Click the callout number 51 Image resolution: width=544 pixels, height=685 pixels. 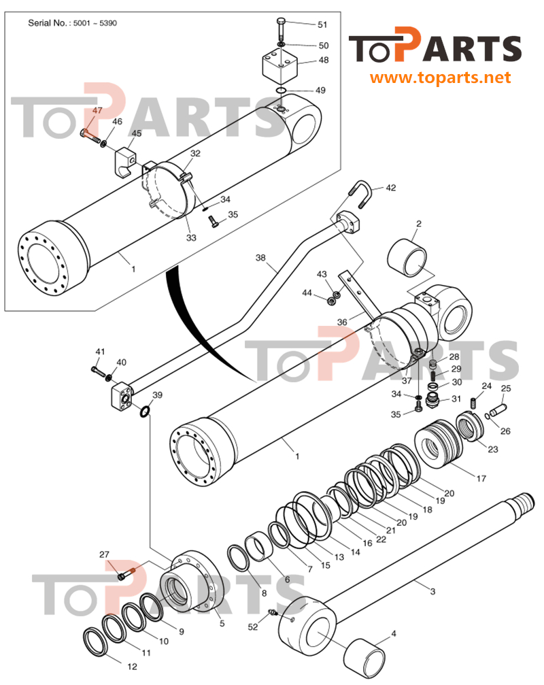(322, 24)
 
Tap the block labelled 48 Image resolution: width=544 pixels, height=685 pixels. (281, 65)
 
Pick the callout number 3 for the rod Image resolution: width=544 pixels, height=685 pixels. (432, 591)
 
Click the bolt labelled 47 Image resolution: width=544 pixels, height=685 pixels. (87, 132)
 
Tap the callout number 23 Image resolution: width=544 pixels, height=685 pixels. (492, 449)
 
